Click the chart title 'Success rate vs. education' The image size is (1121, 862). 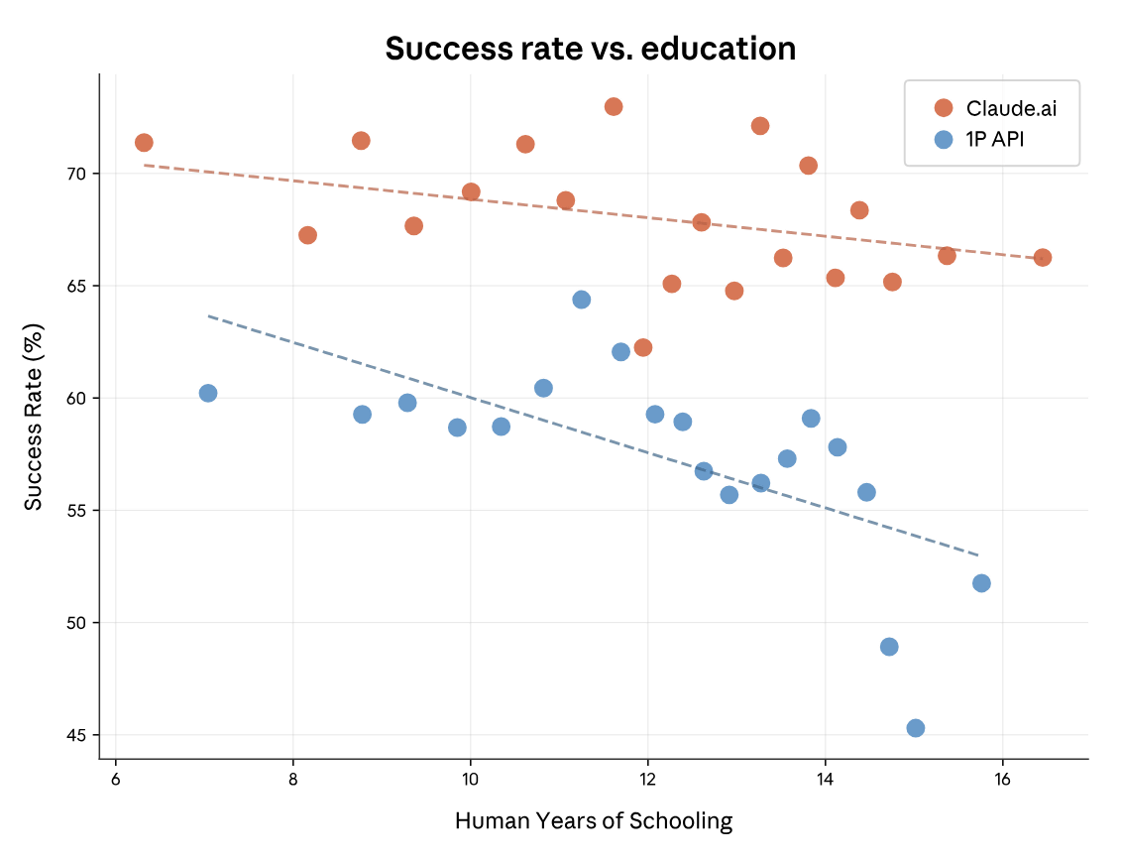point(590,49)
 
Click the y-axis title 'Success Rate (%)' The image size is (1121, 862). point(34,416)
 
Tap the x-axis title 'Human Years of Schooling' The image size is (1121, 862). point(593,821)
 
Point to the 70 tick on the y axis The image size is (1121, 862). point(77,174)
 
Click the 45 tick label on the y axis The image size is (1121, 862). point(77,735)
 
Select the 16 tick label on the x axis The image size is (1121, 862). point(1001,778)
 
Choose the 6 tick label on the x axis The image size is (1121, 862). point(116,778)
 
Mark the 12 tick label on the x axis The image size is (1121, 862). point(647,778)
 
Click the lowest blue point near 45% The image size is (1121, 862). point(915,728)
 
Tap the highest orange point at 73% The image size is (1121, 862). point(614,106)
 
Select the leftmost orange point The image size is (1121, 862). point(144,143)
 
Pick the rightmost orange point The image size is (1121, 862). point(1042,258)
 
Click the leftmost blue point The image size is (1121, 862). point(208,393)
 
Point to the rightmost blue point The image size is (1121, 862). point(981,583)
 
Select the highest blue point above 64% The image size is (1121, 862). point(582,300)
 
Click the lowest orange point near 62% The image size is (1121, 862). point(643,347)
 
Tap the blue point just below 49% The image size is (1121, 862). point(889,647)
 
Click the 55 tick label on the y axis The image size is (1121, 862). point(77,511)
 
